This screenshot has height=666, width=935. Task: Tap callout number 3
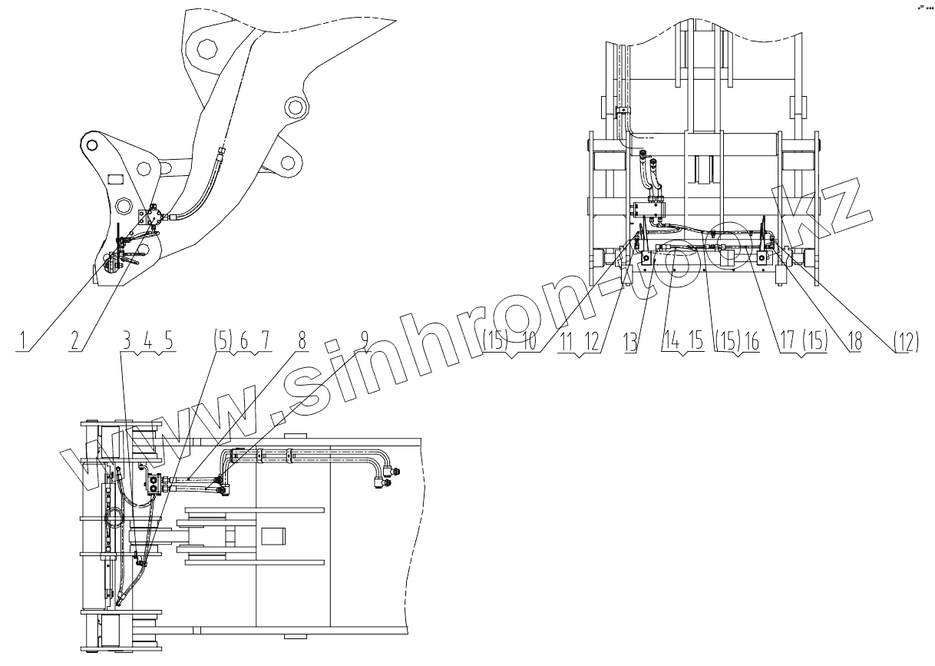(127, 340)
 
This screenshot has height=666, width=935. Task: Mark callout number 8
(302, 340)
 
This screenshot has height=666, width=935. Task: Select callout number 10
(527, 340)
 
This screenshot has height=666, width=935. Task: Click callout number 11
(569, 340)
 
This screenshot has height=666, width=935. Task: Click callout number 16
(751, 340)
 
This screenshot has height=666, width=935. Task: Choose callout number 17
(789, 340)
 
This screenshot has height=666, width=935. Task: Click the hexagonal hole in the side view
(205, 50)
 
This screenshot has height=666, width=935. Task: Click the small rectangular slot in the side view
(115, 179)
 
